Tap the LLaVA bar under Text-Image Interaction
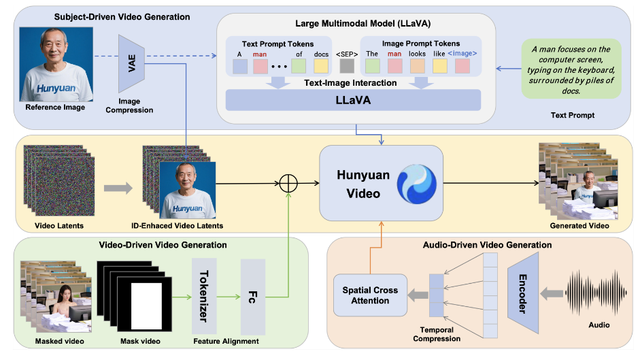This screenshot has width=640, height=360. point(353,99)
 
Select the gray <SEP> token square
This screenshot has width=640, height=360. point(347,66)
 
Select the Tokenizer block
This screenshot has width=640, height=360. point(204,295)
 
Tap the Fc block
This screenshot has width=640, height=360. point(251,295)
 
